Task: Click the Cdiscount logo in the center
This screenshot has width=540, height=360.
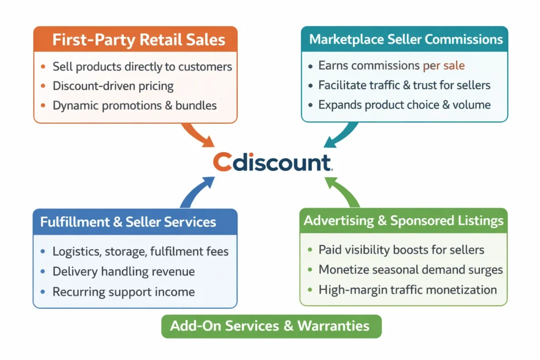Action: point(273,163)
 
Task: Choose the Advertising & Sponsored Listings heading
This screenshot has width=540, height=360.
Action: point(403,221)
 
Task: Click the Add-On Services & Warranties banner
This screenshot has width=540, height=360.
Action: point(269,326)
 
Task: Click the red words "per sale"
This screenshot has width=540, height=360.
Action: point(443,66)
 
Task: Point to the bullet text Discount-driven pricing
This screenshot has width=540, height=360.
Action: point(113,86)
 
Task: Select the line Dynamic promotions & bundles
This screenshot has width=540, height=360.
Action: point(134,105)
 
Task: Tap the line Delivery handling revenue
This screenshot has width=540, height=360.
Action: point(123,272)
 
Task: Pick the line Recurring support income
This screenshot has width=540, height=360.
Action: point(123,291)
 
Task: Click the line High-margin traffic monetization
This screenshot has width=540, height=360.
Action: point(408,289)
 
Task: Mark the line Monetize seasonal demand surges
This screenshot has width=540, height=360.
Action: point(410,270)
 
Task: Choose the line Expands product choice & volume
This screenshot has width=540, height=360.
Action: point(404,104)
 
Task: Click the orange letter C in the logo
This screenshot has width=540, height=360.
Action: point(223,163)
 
